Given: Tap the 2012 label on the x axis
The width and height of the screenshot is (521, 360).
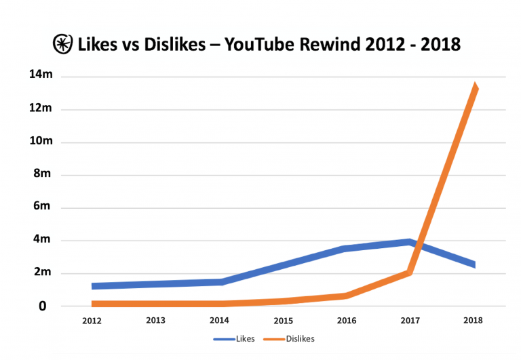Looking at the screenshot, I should pos(92,320).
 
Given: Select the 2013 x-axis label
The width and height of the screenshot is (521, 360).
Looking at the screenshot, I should pos(156,320).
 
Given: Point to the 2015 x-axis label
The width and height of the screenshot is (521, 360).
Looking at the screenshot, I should pos(283,320).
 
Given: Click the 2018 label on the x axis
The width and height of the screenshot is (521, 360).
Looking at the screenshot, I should pos(473,320).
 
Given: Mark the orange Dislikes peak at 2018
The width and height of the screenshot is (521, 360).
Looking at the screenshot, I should pos(476,87).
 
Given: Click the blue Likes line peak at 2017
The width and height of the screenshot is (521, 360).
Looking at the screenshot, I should pos(409,241).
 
